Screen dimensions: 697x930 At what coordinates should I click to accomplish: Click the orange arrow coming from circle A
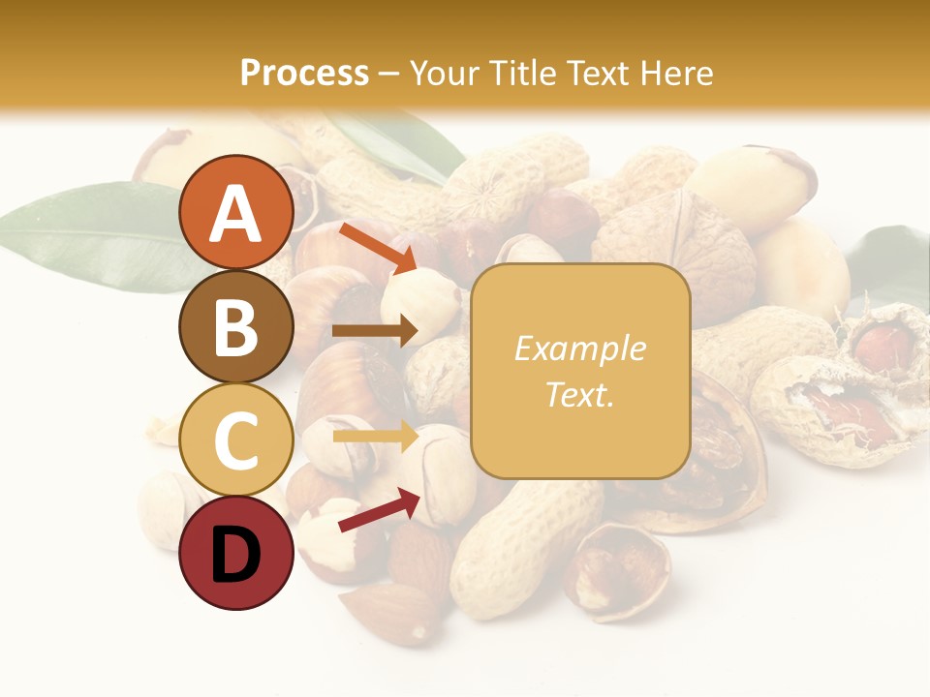[x=377, y=247]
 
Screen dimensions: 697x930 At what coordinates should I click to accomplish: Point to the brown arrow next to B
[x=374, y=331]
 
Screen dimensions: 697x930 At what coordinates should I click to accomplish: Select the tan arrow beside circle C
[x=374, y=438]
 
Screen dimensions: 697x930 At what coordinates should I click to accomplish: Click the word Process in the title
[x=304, y=73]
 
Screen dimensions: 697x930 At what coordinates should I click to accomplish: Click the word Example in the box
[x=579, y=348]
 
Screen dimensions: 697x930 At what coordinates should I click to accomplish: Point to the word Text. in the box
[x=579, y=394]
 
